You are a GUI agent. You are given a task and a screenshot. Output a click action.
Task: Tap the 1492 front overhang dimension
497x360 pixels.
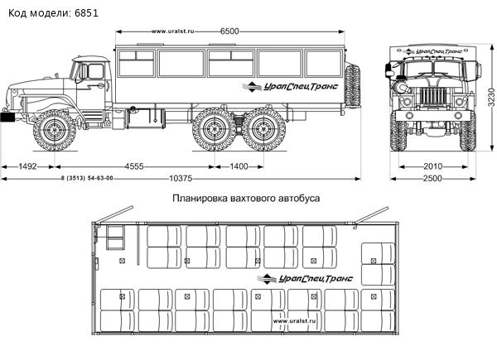(27, 166)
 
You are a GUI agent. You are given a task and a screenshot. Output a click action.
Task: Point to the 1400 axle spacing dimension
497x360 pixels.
(239, 166)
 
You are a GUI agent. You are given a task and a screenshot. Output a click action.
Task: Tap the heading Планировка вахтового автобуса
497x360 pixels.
(246, 199)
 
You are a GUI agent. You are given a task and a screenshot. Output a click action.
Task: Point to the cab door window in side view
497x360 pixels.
(84, 72)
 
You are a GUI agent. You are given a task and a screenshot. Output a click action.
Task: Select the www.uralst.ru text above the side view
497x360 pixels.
(172, 32)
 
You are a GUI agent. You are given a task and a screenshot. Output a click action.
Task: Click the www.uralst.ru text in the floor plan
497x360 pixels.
(296, 319)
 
